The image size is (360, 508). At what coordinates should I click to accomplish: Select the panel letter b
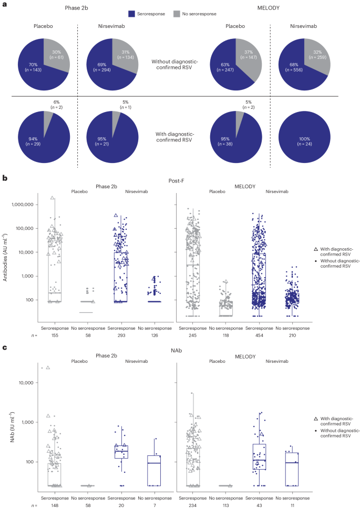[x=5, y=178]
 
